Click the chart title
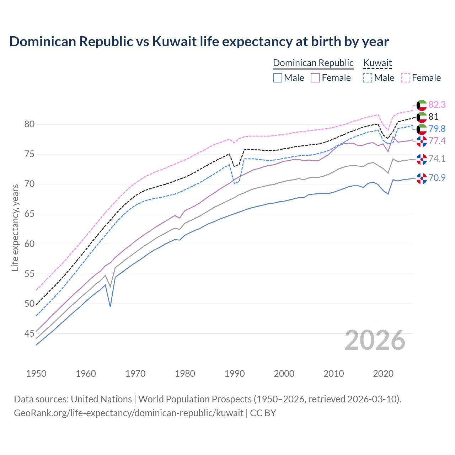(199, 42)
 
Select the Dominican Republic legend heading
(313, 63)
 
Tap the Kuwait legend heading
(377, 63)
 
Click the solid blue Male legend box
(278, 78)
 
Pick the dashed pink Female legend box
(406, 78)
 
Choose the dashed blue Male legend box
(368, 78)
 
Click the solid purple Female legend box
(315, 78)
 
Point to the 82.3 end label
(437, 105)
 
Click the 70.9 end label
(437, 178)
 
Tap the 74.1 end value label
(437, 159)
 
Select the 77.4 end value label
(437, 141)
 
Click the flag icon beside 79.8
(422, 129)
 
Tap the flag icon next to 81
(422, 117)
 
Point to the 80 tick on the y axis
(29, 124)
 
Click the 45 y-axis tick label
(29, 333)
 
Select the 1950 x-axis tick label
(36, 374)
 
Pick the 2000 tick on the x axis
(284, 374)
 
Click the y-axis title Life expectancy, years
(15, 227)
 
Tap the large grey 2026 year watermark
(375, 340)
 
